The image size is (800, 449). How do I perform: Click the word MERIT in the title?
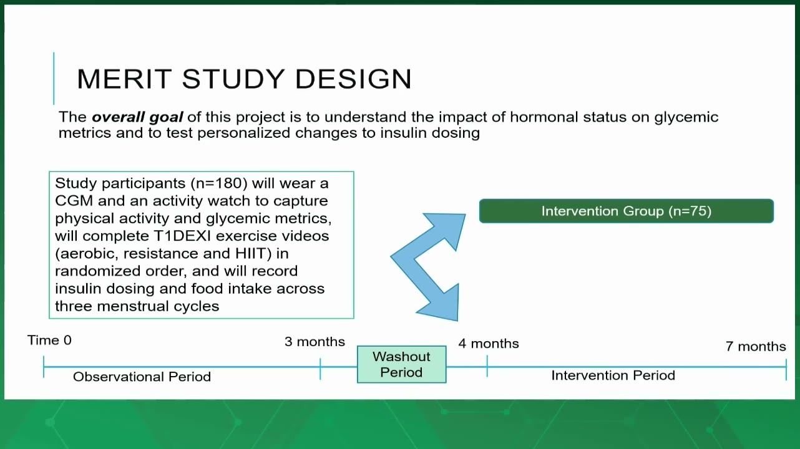124,79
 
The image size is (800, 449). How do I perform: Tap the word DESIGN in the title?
354,79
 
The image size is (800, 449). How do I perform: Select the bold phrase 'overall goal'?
137,117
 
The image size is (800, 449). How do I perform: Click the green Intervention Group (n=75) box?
627,211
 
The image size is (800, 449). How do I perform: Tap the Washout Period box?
402,364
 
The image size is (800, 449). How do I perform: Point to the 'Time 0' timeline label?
49,340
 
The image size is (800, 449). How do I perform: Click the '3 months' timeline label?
315,342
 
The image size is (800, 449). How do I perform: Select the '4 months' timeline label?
489,344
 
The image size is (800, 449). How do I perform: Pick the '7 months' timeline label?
756,346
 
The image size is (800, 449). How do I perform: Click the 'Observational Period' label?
142,377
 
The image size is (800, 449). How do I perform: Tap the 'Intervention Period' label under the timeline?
613,375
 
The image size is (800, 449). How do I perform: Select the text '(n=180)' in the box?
219,183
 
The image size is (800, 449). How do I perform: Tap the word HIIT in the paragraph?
251,253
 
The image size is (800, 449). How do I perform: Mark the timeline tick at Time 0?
44,367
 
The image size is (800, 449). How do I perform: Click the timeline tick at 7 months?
786,370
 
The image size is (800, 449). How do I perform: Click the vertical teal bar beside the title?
54,79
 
